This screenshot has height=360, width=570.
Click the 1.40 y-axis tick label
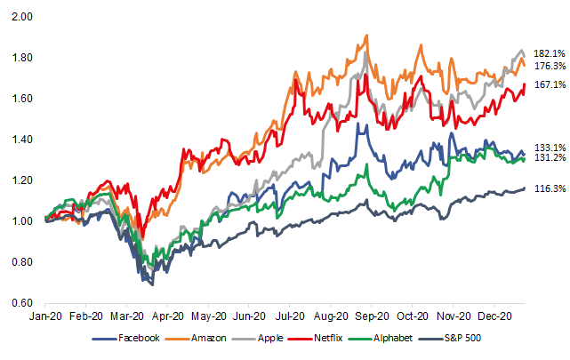click(22, 140)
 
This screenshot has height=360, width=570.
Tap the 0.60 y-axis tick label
click(22, 303)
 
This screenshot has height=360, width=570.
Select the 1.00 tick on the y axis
click(22, 221)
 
